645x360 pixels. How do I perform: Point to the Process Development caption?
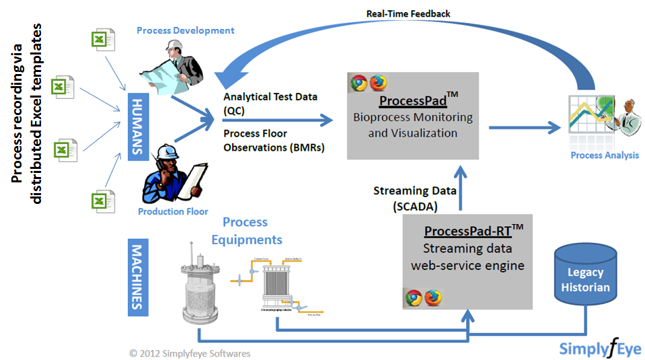(185, 30)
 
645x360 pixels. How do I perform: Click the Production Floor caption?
(173, 211)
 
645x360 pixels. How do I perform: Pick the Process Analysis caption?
(605, 155)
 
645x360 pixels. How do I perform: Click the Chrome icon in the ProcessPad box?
(358, 83)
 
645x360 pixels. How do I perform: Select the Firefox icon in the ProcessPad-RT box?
(432, 297)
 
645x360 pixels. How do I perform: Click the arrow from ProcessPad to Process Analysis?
(525, 127)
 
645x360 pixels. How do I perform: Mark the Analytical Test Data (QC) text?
(270, 102)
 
